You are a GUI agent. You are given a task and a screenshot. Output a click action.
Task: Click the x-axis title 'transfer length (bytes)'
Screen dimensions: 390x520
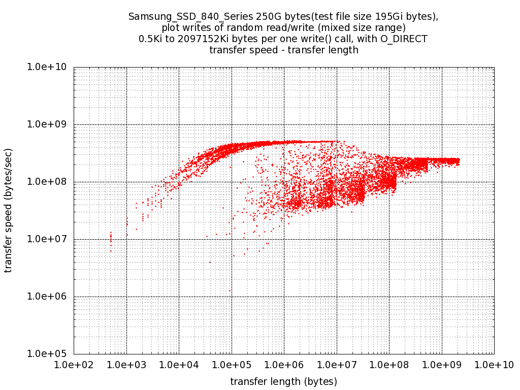click(284, 381)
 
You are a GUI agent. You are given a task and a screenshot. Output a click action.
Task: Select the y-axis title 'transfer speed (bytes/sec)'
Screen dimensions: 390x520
click(9, 210)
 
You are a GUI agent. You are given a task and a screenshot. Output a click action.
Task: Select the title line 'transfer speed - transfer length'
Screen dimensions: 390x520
click(284, 50)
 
